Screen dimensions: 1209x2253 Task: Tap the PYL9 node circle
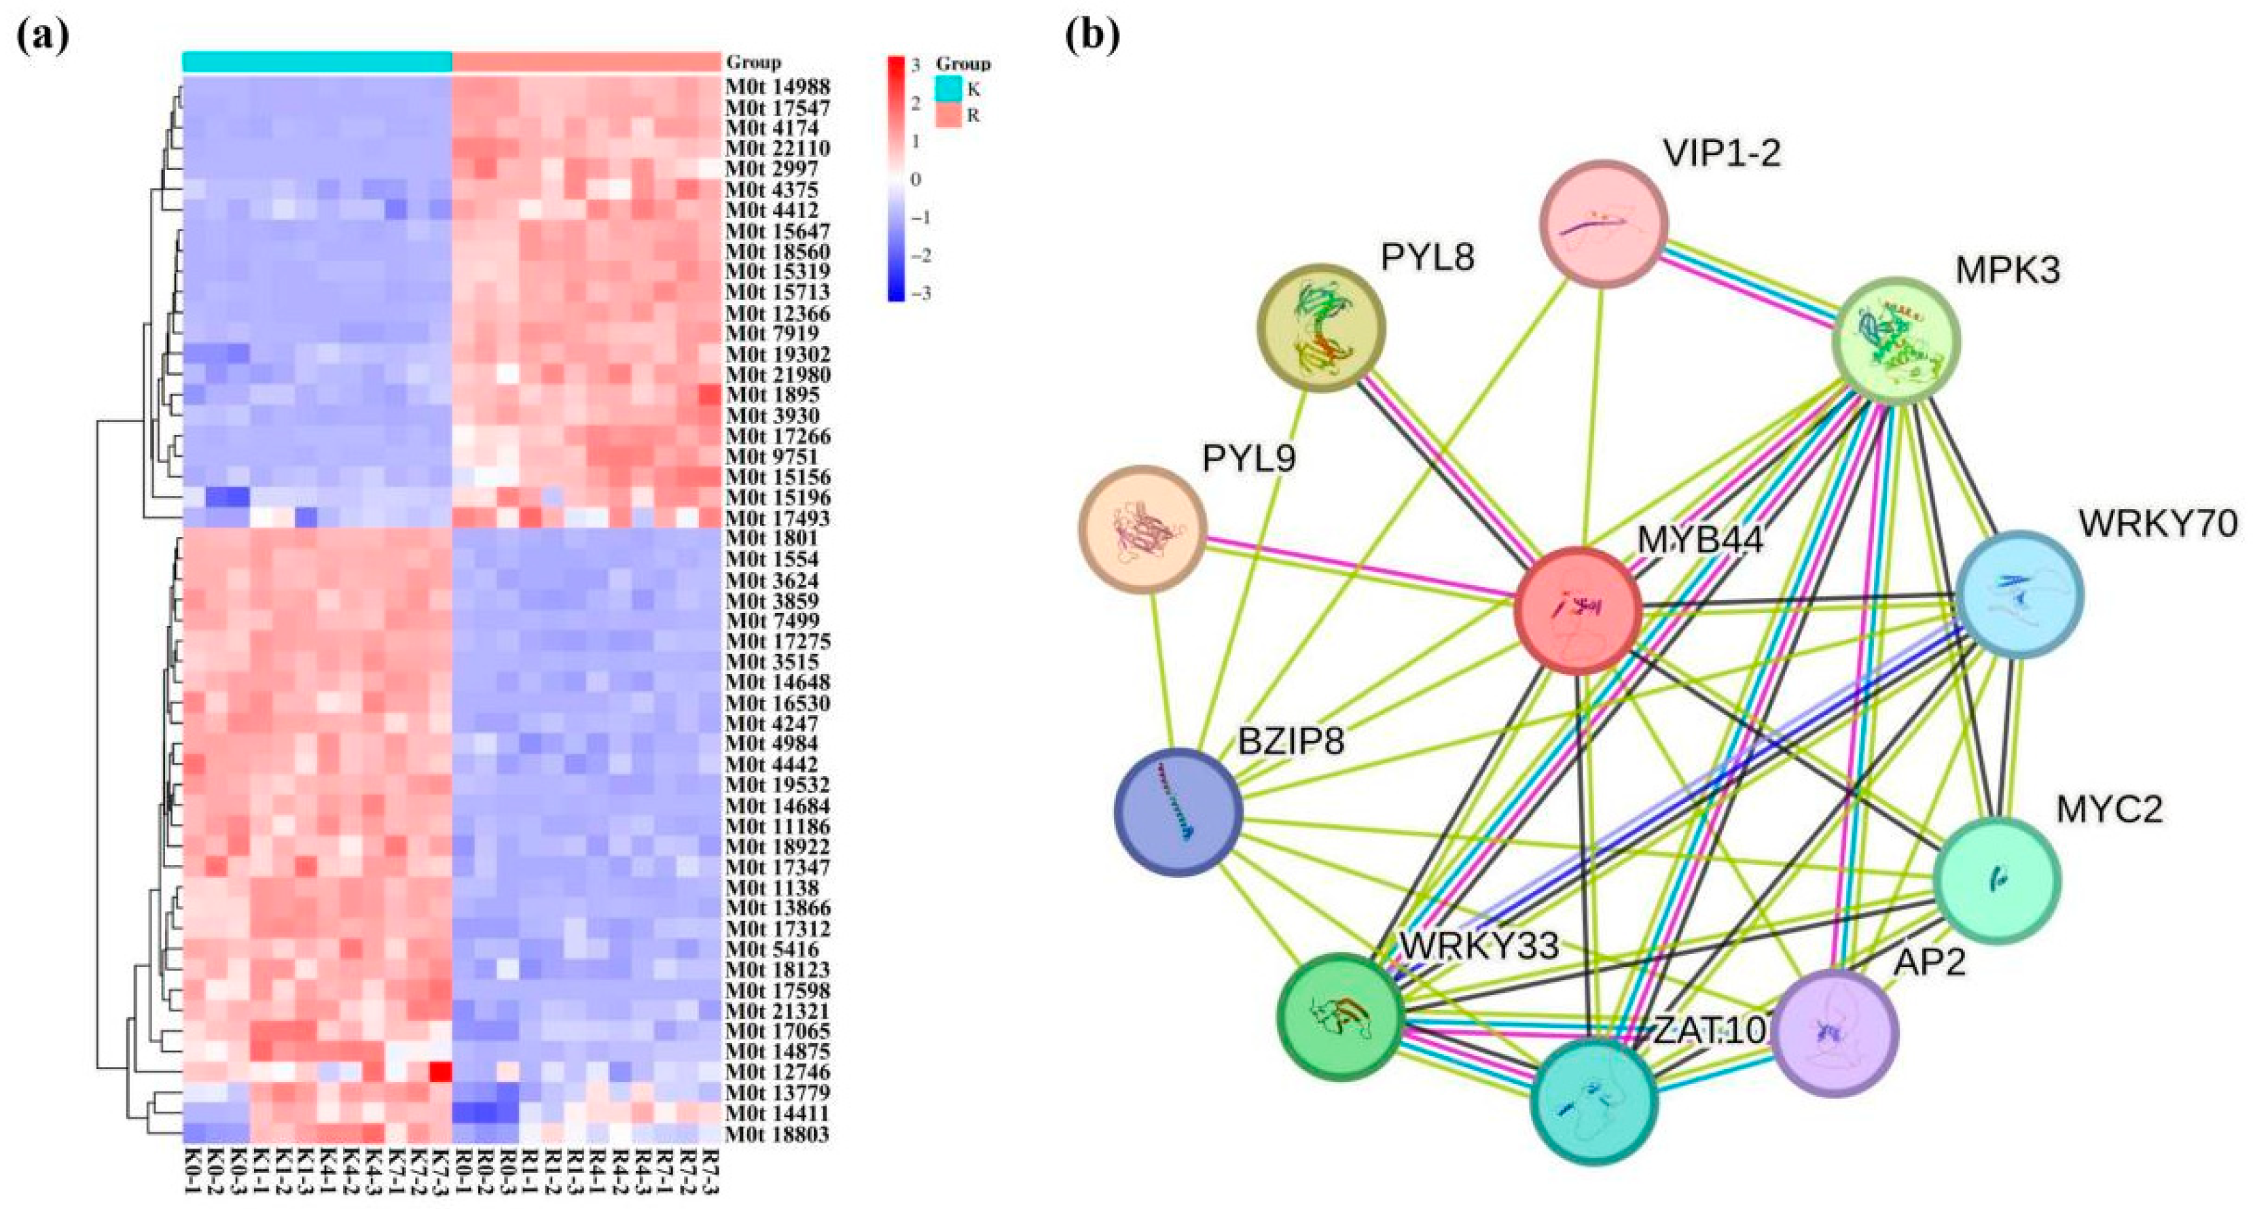click(x=1143, y=529)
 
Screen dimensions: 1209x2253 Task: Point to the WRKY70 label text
click(x=2158, y=523)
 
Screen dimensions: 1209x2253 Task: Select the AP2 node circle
click(x=1834, y=1033)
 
